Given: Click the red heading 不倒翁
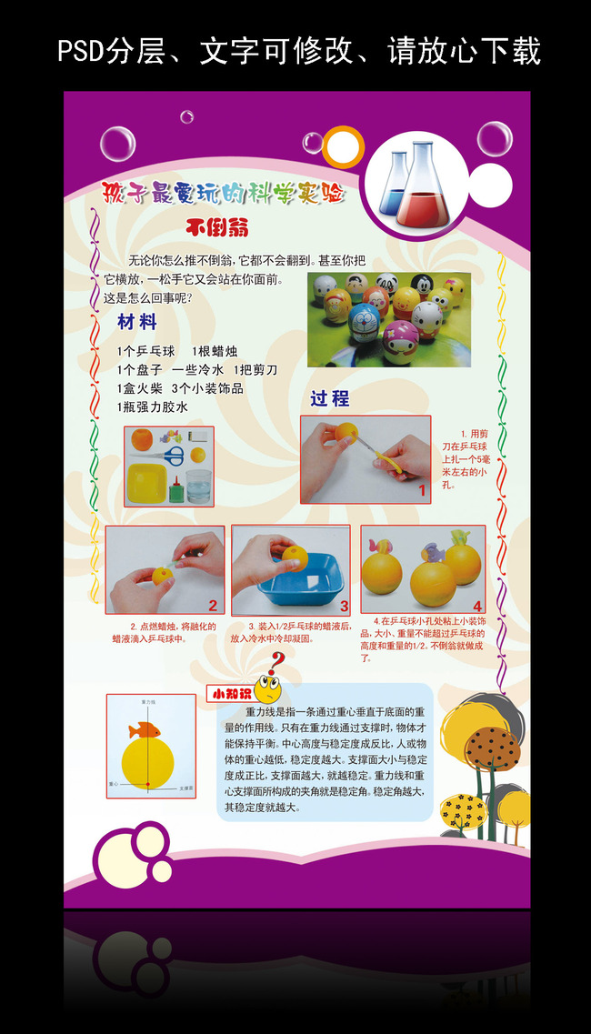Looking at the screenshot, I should [x=217, y=226].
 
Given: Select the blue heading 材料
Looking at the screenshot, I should [x=137, y=322].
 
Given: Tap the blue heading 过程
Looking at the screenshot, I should [x=329, y=398].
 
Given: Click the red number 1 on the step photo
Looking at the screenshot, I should [x=422, y=491].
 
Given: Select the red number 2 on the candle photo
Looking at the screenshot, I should [x=213, y=605].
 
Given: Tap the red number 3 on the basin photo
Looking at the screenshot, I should [x=344, y=605].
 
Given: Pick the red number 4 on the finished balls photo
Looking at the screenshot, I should [x=476, y=606].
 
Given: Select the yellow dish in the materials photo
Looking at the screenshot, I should [x=146, y=483].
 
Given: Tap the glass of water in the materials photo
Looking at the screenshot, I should [x=199, y=486].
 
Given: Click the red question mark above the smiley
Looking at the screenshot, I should [x=278, y=660].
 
